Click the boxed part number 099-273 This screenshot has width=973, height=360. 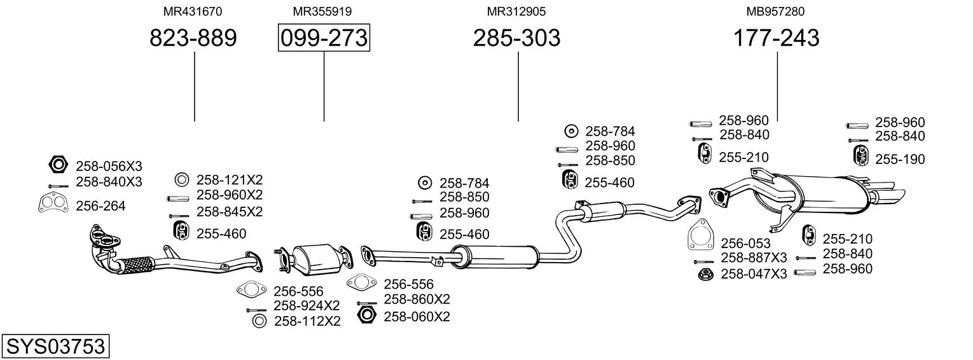pos(324,38)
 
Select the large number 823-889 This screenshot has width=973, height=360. pos(193,38)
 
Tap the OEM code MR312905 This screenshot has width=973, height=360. pos(516,11)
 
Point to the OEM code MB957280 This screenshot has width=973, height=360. pos(775,11)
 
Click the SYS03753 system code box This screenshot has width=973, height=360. pos(55,347)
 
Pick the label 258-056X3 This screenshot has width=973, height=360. pos(109,166)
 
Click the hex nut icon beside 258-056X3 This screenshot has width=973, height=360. pos(59,165)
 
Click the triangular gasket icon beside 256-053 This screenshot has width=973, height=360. pos(700,235)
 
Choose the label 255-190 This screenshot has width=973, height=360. pos(900,160)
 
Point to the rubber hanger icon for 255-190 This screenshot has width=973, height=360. pos(860,155)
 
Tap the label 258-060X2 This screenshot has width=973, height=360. pos(417,317)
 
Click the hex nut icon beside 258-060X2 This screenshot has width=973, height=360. pos(366,315)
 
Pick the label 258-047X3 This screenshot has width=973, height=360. pos(754,274)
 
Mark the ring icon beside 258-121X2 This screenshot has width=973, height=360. pos(182,179)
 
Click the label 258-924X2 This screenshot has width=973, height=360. pos(307,306)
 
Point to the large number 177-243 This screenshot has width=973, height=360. pos(776,38)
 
